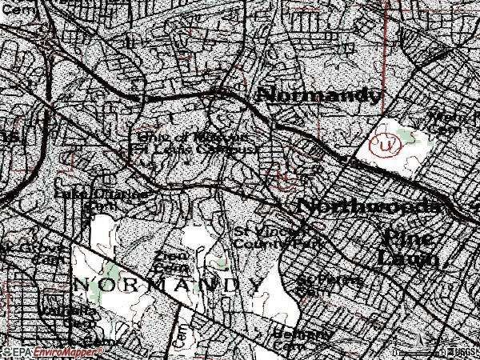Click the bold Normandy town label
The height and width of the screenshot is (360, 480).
point(318,95)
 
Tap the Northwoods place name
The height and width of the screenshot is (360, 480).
point(367,206)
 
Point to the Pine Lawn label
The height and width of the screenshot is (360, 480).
point(410,247)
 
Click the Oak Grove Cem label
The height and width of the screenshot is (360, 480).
point(28,254)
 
